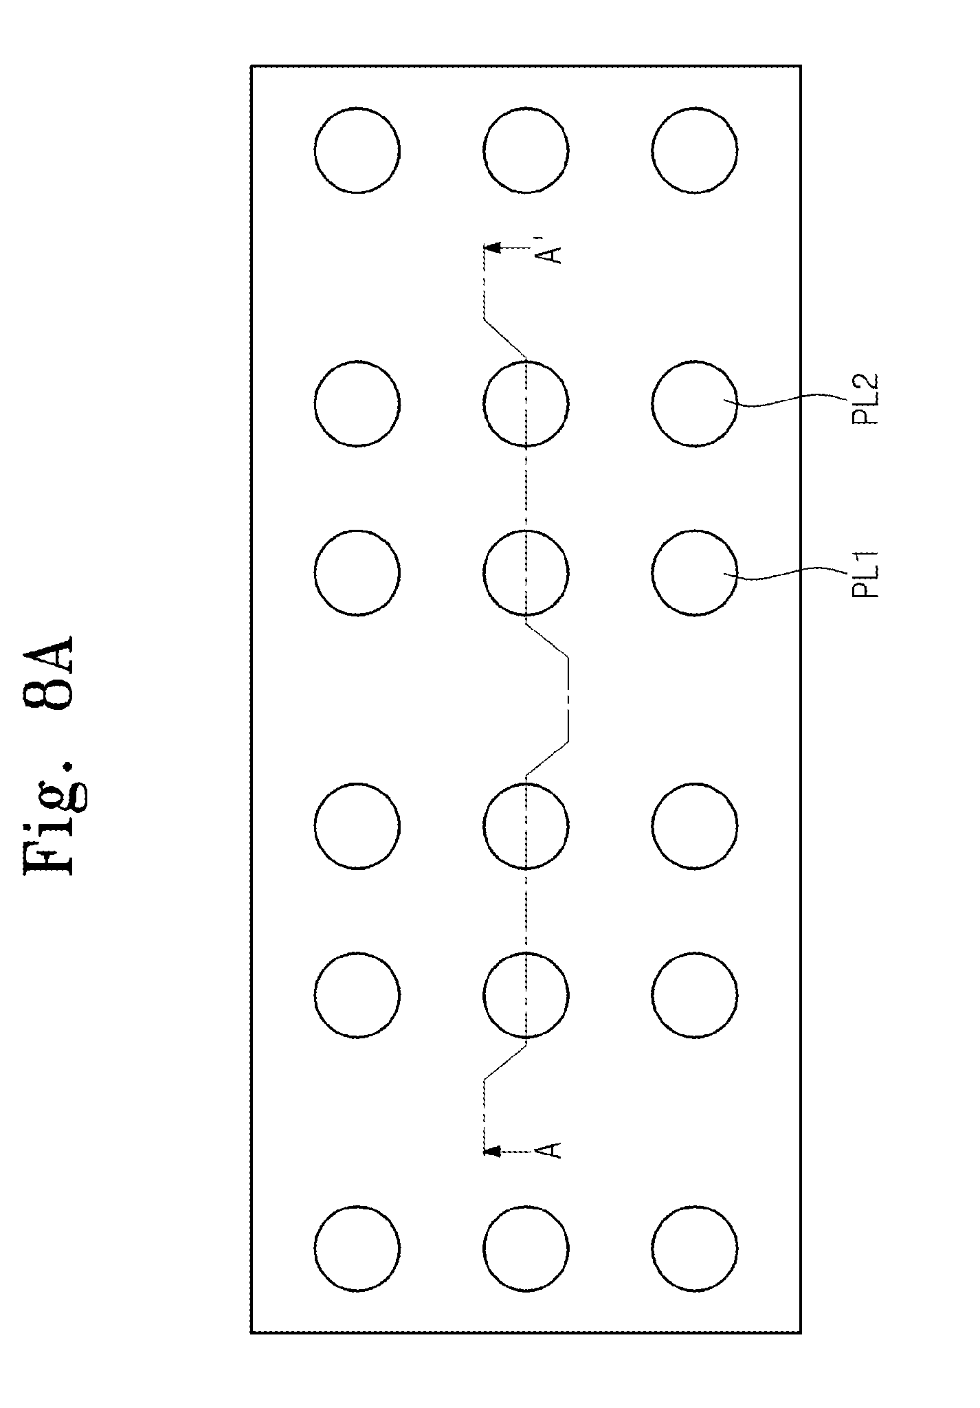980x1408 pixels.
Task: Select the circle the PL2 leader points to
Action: click(694, 403)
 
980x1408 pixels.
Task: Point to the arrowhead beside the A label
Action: click(491, 1149)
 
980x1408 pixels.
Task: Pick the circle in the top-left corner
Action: click(357, 150)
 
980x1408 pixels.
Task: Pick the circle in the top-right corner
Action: click(694, 150)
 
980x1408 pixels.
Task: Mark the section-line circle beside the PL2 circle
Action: click(526, 403)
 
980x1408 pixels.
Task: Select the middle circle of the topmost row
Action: click(526, 150)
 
